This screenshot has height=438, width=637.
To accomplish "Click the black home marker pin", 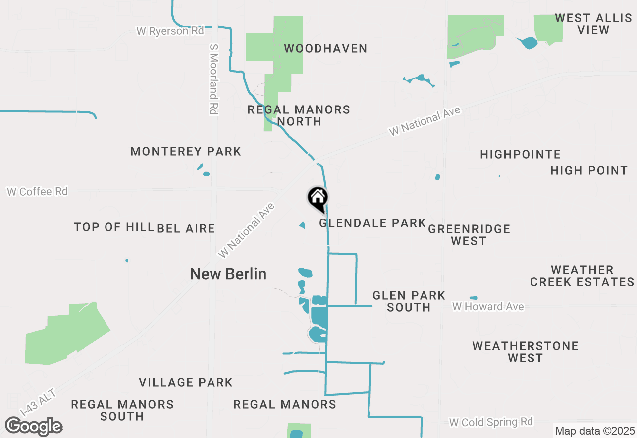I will click(x=318, y=199).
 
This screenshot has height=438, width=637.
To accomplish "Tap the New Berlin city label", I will click(x=228, y=274).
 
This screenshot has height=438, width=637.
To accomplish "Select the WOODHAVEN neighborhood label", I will click(x=325, y=49).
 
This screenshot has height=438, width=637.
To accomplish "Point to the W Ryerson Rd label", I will click(x=170, y=31).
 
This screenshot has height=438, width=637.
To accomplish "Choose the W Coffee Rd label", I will click(x=37, y=191).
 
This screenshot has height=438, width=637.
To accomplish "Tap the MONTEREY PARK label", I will click(x=186, y=151).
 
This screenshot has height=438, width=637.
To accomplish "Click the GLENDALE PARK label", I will click(x=372, y=223).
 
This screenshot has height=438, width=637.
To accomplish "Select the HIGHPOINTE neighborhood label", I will click(x=520, y=155).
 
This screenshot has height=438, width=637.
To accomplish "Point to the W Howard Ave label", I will click(x=488, y=306).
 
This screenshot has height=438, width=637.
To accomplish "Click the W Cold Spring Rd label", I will click(x=491, y=422).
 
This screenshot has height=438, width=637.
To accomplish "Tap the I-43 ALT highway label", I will click(x=38, y=402).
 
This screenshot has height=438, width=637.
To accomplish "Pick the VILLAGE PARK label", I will click(x=186, y=382).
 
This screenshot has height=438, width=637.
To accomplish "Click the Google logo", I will click(x=33, y=427).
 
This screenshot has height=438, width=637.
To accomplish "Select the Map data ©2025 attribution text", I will click(x=595, y=431).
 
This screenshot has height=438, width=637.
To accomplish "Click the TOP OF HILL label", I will click(x=113, y=227).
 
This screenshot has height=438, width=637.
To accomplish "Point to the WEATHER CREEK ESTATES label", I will click(x=582, y=276).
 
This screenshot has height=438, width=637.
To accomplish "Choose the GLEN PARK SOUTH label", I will click(x=409, y=301).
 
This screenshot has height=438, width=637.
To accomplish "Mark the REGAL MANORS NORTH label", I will click(x=299, y=115).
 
